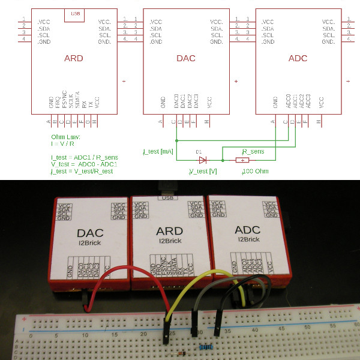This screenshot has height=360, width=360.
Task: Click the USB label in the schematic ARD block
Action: click(74, 13)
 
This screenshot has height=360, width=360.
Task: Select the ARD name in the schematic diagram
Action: click(73, 59)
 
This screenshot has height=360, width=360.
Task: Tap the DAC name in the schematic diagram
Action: click(186, 59)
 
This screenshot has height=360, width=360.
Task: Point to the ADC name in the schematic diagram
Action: click(298, 59)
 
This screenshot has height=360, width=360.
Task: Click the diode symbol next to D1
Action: click(203, 160)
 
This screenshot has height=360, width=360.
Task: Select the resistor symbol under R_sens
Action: click(242, 160)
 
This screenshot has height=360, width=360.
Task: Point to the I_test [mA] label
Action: click(158, 152)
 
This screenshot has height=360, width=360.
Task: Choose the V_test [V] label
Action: click(203, 172)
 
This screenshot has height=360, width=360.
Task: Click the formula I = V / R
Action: click(64, 144)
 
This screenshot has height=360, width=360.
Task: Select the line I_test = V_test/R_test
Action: click(82, 172)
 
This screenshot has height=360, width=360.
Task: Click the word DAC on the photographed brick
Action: click(91, 233)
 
